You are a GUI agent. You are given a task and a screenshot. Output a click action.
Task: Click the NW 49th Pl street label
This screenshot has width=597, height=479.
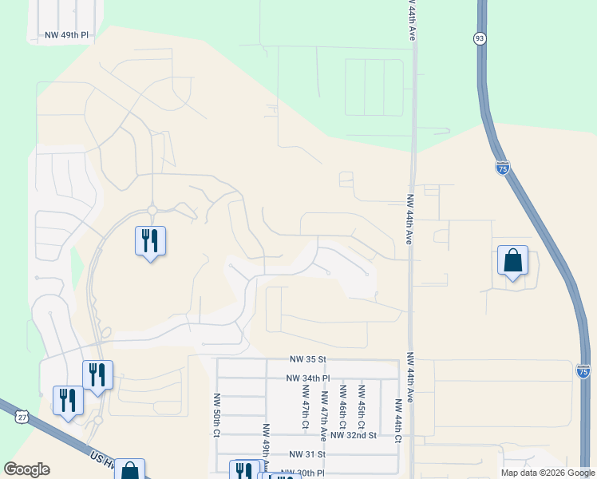pyautogui.click(x=66, y=36)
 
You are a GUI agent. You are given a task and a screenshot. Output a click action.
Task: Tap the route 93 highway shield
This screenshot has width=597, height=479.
pyautogui.click(x=479, y=38)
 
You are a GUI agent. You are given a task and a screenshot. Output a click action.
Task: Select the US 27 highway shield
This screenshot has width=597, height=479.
pyautogui.click(x=22, y=415)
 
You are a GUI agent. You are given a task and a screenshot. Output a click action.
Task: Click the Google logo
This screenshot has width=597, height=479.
pyautogui.click(x=26, y=469)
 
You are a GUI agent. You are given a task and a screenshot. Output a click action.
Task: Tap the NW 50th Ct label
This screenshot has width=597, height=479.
pyautogui.click(x=216, y=414)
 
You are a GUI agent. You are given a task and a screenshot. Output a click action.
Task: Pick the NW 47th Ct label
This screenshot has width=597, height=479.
pyautogui.click(x=305, y=406)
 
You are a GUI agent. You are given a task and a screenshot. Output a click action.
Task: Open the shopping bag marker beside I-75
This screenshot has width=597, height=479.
pyautogui.click(x=512, y=261)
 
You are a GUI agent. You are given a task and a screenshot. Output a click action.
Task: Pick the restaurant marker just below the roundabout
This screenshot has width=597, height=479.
pyautogui.click(x=150, y=241)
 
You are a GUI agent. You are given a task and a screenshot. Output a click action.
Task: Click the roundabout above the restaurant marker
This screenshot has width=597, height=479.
pyautogui.click(x=151, y=211)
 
